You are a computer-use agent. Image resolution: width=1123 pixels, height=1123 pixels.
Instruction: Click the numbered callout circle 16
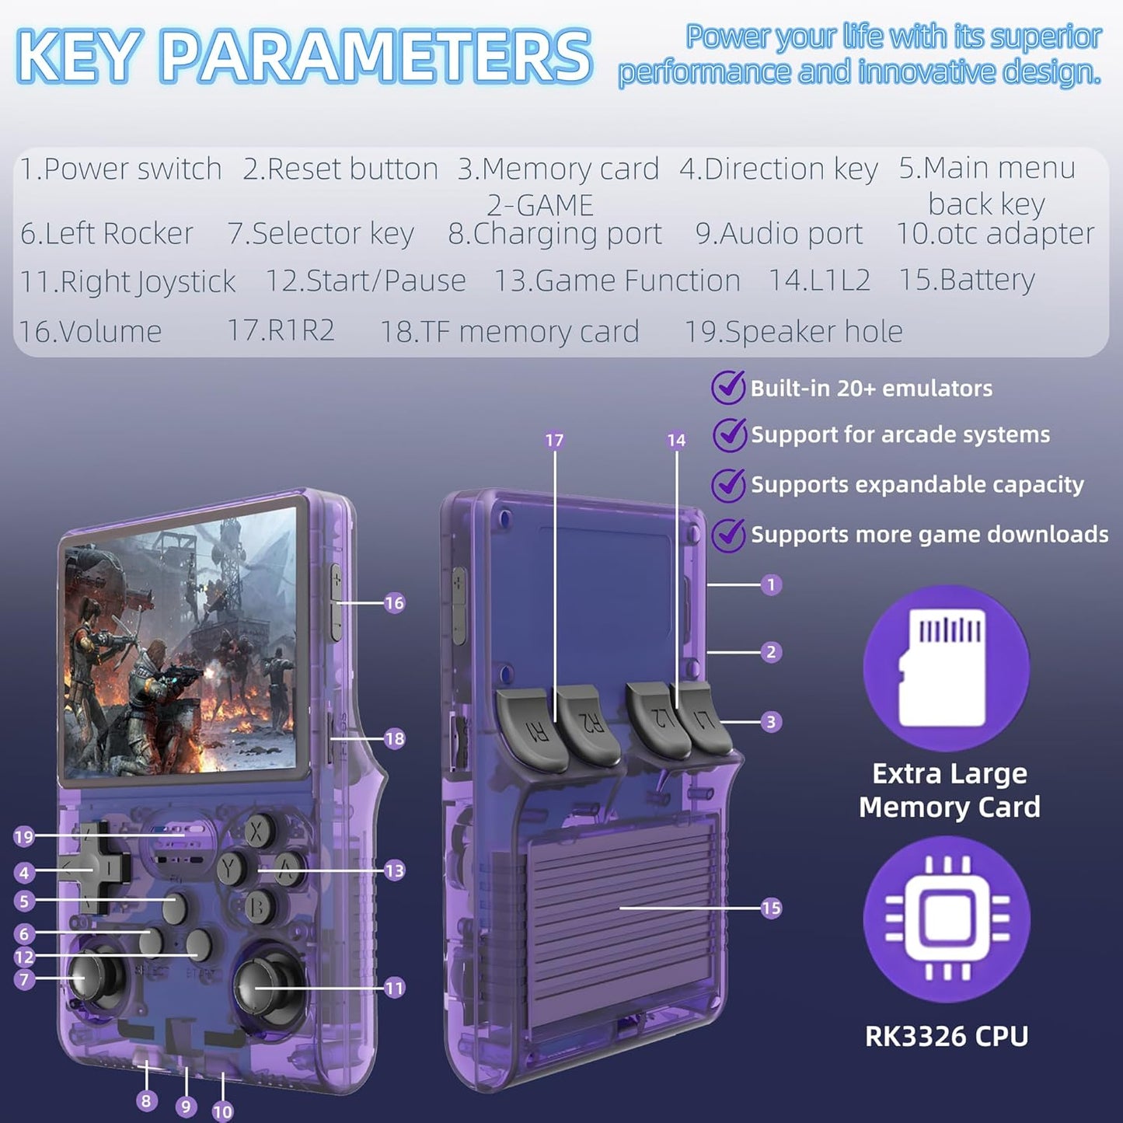[x=395, y=602]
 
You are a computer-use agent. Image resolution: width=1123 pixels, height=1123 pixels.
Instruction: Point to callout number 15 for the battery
[x=771, y=908]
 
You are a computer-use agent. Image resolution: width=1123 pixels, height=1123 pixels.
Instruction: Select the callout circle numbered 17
[x=555, y=441]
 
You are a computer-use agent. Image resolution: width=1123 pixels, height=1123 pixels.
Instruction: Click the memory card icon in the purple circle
[x=946, y=668]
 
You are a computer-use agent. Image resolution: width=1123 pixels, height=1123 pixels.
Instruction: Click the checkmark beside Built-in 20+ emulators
[x=728, y=388]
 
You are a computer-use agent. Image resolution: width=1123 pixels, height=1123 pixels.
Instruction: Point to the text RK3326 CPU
[x=947, y=1036]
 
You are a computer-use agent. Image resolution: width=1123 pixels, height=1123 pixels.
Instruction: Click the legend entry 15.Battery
[x=967, y=280]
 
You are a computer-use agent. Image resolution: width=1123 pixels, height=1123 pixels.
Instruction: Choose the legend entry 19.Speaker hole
[x=793, y=331]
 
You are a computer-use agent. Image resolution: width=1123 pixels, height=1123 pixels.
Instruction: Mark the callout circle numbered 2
[x=771, y=651]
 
